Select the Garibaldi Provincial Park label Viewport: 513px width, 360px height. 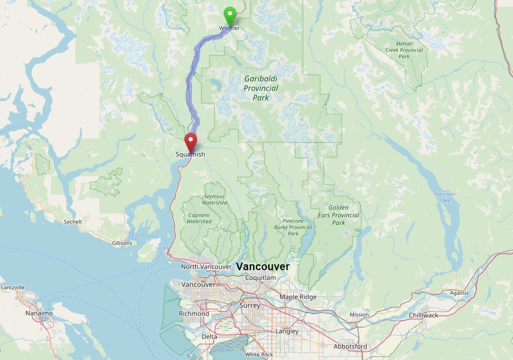coord(260,88)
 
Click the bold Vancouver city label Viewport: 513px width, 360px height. coord(263,266)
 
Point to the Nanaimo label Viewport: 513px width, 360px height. coord(39,313)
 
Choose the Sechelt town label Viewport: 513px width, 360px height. coord(73,221)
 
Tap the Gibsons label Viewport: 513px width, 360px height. coord(122,243)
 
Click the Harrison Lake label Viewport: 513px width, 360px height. coord(444,197)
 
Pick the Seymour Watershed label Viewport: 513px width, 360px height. coord(215,199)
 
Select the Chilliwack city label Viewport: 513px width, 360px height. coord(424,315)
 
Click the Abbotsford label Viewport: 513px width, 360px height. coord(350,346)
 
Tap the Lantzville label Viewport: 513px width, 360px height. coord(13,287)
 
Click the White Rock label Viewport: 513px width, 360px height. coord(259,354)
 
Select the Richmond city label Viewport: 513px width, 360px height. coord(194,314)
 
